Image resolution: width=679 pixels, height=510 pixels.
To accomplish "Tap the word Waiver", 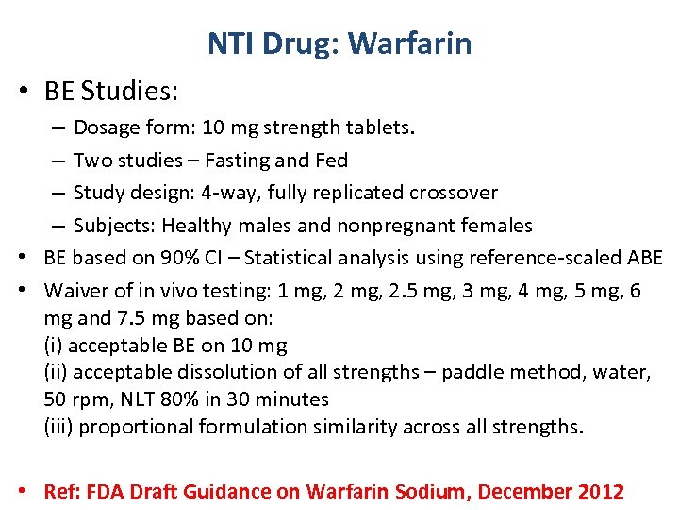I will (76, 291).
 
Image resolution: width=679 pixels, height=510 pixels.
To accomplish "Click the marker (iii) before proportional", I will (59, 427).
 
